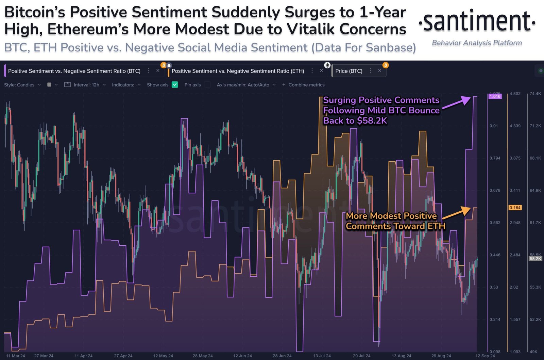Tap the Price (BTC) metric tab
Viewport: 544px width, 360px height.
[348, 71]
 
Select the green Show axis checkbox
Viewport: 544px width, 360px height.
[175, 85]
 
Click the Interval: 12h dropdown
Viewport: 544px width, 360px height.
[86, 85]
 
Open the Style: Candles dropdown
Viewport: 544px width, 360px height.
[22, 85]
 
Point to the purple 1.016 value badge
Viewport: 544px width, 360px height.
[495, 96]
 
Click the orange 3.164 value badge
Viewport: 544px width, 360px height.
[515, 208]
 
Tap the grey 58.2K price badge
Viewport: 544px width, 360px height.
[535, 259]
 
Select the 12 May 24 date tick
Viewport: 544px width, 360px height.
[163, 356]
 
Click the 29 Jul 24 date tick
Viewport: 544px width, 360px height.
[361, 356]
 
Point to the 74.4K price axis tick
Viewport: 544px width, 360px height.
[535, 94]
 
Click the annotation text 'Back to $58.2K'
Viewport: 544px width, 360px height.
[355, 121]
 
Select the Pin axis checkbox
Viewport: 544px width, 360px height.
[207, 85]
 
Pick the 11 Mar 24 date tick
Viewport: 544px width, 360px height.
[16, 356]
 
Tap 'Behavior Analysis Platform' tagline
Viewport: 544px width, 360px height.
[477, 43]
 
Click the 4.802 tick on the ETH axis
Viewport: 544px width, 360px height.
[515, 94]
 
